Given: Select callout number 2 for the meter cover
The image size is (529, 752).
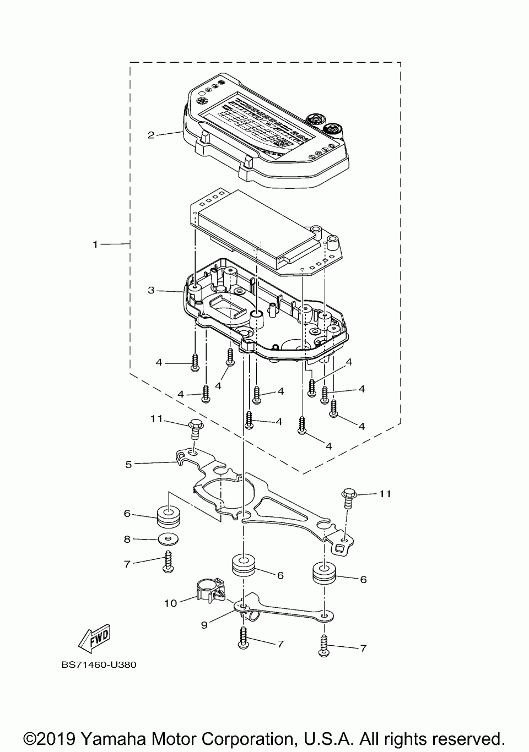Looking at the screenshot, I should (x=150, y=134).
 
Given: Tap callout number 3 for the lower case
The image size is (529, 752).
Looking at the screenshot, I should (x=150, y=290).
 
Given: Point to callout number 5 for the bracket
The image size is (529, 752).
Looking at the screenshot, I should (x=128, y=464).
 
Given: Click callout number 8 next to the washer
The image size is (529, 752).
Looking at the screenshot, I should (x=127, y=540).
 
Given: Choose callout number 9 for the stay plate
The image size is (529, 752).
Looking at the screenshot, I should (x=204, y=625).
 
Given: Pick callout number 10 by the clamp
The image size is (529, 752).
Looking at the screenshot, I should (x=170, y=603).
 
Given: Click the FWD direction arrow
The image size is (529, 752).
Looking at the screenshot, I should (x=95, y=637).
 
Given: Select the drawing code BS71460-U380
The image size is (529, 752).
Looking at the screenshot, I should (x=99, y=664).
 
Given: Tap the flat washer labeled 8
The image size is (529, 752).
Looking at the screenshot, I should (x=168, y=537).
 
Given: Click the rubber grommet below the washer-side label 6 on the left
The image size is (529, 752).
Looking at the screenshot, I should (x=168, y=515).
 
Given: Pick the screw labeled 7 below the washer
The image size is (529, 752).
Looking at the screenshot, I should (x=168, y=562).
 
